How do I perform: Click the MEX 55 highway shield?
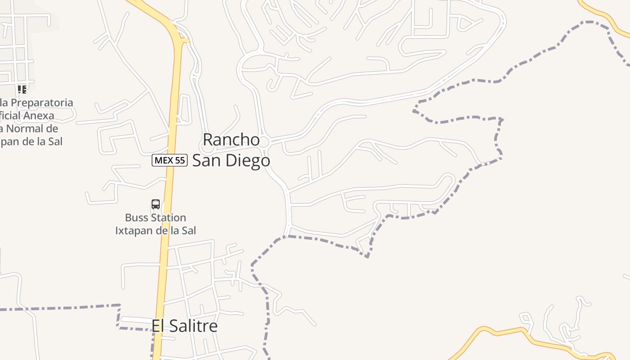pyautogui.click(x=169, y=160)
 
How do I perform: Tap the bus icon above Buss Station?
pyautogui.click(x=156, y=204)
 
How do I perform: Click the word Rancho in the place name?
pyautogui.click(x=231, y=140)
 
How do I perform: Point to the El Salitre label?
pyautogui.click(x=184, y=326)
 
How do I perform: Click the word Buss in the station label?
pyautogui.click(x=136, y=218)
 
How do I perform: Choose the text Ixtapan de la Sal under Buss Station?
pyautogui.click(x=156, y=231)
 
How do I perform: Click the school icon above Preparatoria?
pyautogui.click(x=22, y=89)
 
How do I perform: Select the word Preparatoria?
pyautogui.click(x=41, y=103)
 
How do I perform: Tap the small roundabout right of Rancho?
pyautogui.click(x=264, y=142)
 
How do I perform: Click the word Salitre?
pyautogui.click(x=194, y=326)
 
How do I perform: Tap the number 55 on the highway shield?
pyautogui.click(x=180, y=160)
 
